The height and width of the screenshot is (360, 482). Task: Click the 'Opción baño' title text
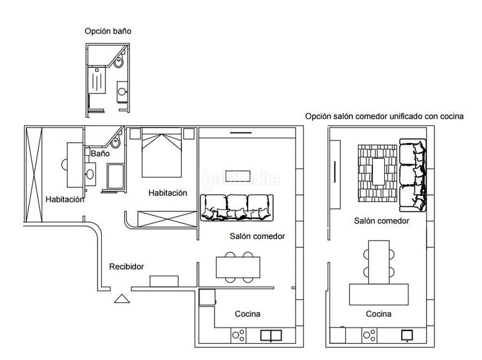[108, 31]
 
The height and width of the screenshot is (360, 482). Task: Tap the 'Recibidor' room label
[127, 267]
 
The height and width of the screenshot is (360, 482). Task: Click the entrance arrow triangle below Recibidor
[122, 299]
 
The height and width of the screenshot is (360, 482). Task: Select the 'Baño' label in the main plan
[100, 154]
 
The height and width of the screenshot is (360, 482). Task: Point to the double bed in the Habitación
[161, 153]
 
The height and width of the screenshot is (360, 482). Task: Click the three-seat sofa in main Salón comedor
[237, 207]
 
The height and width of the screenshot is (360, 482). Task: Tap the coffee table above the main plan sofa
[238, 176]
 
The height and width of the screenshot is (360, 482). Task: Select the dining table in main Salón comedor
[238, 267]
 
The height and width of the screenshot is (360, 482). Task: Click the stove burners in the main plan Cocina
[239, 335]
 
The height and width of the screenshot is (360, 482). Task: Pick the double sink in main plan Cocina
[271, 335]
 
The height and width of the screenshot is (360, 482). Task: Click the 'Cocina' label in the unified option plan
[378, 314]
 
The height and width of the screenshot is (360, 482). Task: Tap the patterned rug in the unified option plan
[378, 173]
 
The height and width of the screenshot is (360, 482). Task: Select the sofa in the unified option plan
[413, 175]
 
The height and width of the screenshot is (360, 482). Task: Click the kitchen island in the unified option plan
[379, 294]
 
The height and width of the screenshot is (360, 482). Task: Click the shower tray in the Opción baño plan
[97, 81]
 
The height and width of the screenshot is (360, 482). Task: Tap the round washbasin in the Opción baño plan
[122, 92]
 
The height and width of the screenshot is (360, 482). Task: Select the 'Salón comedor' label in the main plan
[257, 236]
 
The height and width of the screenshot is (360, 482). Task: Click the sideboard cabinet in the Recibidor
[164, 281]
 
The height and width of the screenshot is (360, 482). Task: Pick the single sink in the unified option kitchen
[407, 335]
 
